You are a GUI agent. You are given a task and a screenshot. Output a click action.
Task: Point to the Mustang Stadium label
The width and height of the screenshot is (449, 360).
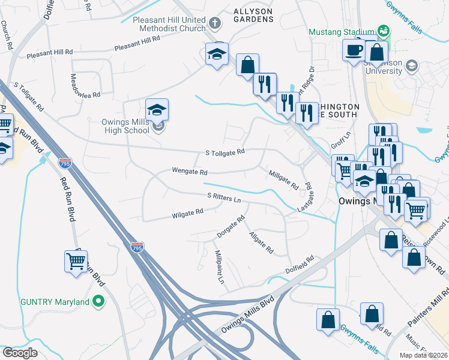point(342,31)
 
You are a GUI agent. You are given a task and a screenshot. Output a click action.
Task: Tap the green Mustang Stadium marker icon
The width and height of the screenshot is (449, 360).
point(383,31)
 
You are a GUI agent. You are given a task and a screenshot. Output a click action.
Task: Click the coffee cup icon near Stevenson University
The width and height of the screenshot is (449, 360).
point(354,50)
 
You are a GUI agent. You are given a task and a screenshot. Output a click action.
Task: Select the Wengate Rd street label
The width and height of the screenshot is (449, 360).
point(190,172)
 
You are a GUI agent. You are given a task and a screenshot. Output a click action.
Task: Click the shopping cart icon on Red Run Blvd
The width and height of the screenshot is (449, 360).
point(76,261)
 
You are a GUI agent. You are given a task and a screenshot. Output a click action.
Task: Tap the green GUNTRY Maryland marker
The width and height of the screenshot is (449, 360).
point(99,301)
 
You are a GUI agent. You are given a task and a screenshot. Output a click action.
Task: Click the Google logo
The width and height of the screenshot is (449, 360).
point(20,352)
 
